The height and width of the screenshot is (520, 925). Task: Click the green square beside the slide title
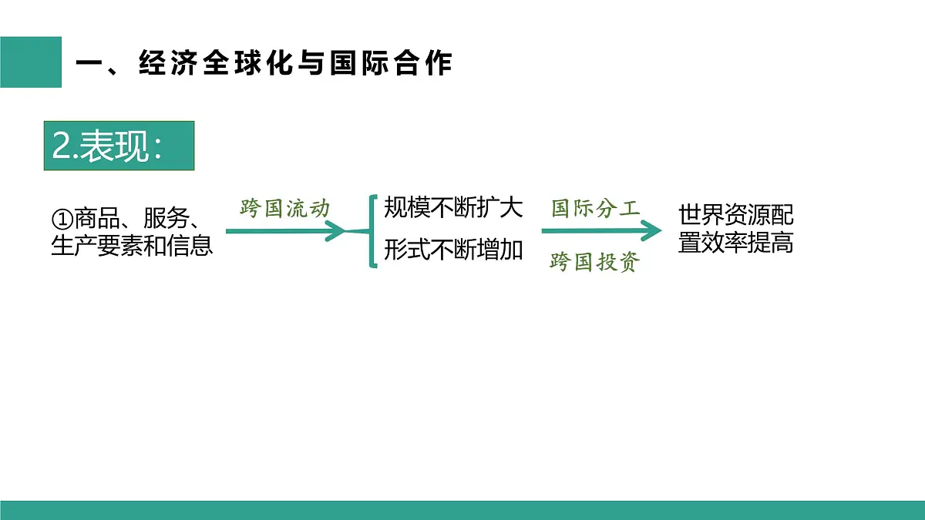click(31, 62)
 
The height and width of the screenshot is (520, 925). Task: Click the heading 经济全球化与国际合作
click(296, 63)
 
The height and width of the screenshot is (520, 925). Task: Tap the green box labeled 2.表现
click(119, 146)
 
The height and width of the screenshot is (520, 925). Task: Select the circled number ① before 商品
click(62, 219)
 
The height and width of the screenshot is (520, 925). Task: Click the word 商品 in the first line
click(97, 218)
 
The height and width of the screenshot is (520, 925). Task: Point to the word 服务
click(166, 218)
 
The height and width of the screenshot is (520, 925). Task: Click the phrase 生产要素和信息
click(132, 246)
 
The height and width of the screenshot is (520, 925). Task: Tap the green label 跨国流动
click(285, 208)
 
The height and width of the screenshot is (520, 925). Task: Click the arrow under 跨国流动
click(286, 231)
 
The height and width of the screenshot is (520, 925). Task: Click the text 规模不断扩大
click(453, 207)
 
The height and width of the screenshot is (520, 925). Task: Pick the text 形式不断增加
click(453, 250)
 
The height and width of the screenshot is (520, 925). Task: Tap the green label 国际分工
click(595, 209)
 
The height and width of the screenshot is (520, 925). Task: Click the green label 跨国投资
click(594, 262)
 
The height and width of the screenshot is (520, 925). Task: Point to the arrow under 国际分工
click(602, 230)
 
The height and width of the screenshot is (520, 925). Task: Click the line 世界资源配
click(736, 215)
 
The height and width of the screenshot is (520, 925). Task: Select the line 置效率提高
click(736, 243)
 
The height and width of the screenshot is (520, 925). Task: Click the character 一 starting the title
click(89, 64)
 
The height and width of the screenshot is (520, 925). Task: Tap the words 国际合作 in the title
click(391, 63)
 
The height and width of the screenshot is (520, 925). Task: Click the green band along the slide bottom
click(462, 510)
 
